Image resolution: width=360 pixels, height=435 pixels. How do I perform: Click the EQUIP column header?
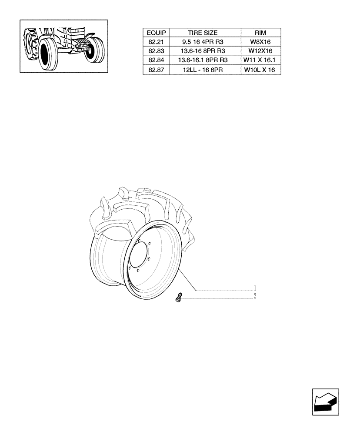[156, 33]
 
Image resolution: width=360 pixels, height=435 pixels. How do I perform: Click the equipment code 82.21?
[156, 42]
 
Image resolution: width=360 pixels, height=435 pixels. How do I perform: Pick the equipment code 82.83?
[156, 51]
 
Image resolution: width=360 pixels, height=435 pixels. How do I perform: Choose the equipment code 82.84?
[156, 60]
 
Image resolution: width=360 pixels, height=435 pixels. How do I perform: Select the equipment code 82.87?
[156, 70]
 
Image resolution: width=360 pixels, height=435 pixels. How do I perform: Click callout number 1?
[255, 288]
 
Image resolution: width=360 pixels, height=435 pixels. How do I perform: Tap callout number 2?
[255, 296]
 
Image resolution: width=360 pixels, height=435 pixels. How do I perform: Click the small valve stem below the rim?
[178, 298]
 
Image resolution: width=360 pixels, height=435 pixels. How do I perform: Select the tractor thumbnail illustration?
[63, 46]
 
